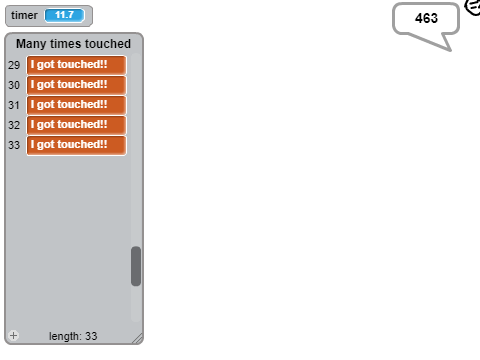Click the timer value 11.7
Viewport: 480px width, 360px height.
tap(64, 15)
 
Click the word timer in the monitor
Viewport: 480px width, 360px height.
tap(24, 15)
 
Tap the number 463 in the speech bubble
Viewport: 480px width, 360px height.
tap(426, 18)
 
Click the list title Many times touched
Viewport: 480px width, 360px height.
tap(73, 44)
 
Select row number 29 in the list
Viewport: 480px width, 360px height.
tap(14, 65)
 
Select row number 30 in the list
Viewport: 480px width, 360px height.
tap(14, 85)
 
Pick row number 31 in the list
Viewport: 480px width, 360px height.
tap(14, 105)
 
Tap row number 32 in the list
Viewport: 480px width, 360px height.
tap(14, 125)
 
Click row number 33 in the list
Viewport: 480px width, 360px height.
tap(14, 145)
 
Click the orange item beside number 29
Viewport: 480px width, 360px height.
tap(77, 65)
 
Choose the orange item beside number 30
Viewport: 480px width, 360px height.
tap(77, 85)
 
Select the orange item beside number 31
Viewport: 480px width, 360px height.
tap(77, 105)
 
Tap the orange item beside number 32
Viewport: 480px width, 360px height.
tap(77, 125)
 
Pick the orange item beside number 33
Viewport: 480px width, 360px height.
tap(77, 145)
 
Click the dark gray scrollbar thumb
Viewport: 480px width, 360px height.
tap(136, 266)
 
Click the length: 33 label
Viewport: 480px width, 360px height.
tap(73, 336)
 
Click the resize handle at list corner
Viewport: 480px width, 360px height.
tap(138, 339)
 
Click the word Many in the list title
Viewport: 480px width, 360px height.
tap(31, 44)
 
